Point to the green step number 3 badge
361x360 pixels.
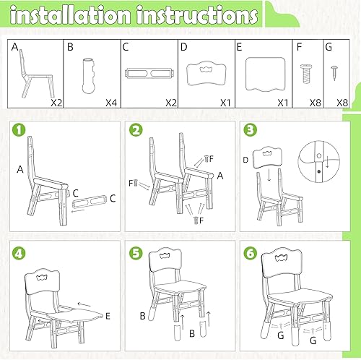pyautogui.click(x=249, y=130)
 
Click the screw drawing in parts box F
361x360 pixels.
pyautogui.click(x=304, y=72)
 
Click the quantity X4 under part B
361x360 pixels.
pyautogui.click(x=110, y=103)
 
